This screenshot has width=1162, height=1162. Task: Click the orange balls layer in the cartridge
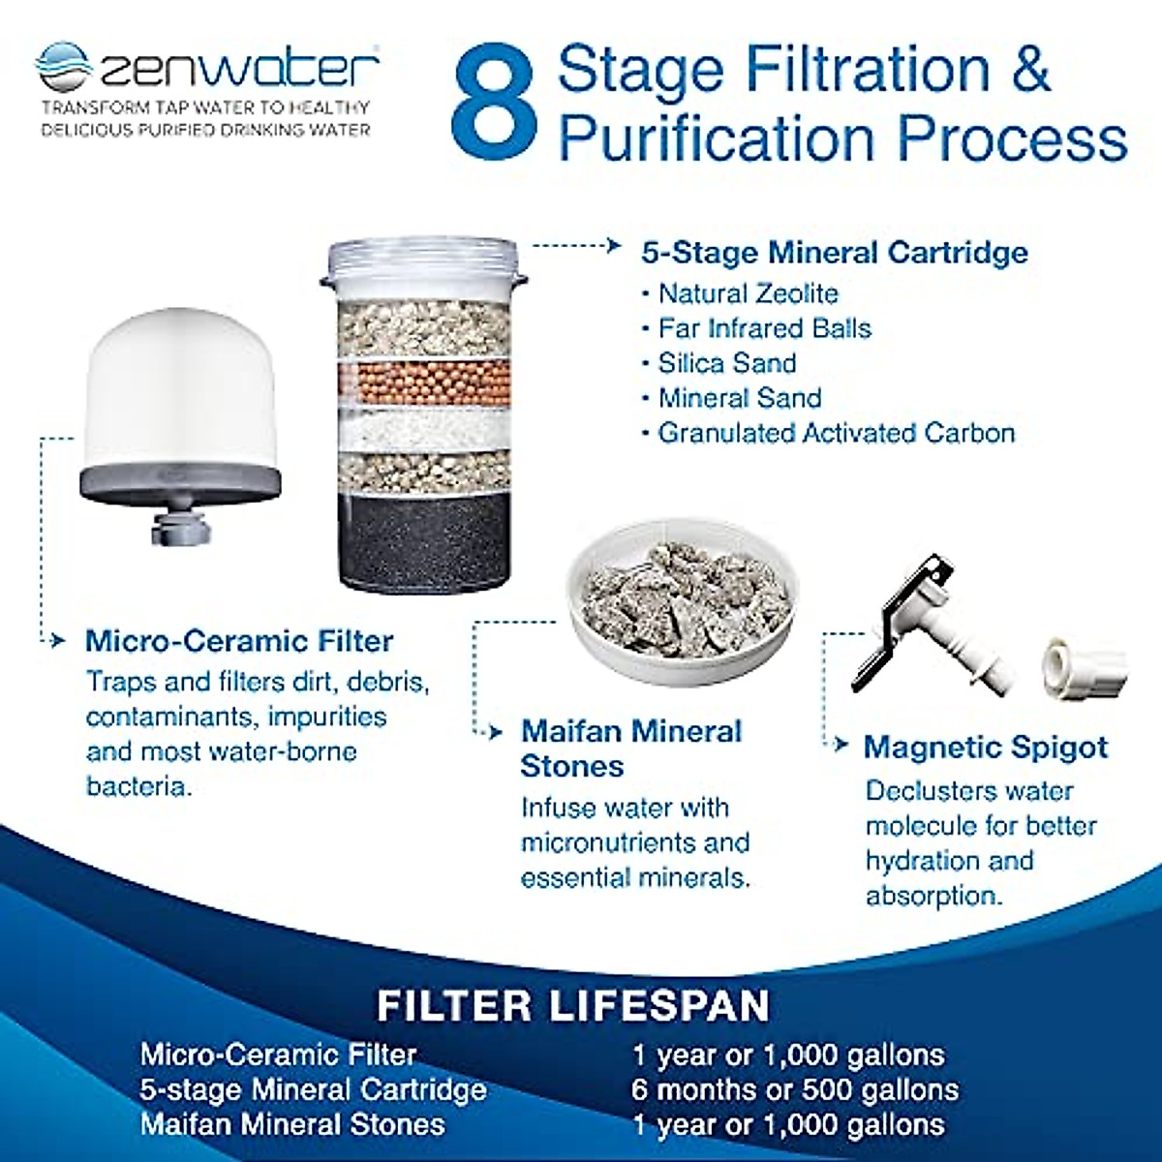pyautogui.click(x=425, y=383)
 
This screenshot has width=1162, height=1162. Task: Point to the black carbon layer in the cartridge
pyautogui.click(x=425, y=537)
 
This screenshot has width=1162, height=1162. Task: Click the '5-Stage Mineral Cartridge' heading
pyautogui.click(x=834, y=253)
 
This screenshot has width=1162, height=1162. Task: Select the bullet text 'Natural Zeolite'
pyautogui.click(x=748, y=293)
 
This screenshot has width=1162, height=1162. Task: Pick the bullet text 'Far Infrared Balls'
pyautogui.click(x=764, y=328)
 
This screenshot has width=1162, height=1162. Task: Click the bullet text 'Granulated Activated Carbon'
pyautogui.click(x=836, y=433)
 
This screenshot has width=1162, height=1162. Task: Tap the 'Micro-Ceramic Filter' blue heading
pyautogui.click(x=239, y=641)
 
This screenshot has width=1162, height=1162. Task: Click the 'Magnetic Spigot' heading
pyautogui.click(x=986, y=748)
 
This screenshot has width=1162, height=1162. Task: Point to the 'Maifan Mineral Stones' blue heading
pyautogui.click(x=630, y=749)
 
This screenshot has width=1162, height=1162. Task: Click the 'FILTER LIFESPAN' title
pyautogui.click(x=573, y=1005)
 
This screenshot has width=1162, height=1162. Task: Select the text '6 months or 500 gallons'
pyautogui.click(x=794, y=1089)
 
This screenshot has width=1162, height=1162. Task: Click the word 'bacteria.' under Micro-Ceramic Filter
pyautogui.click(x=138, y=785)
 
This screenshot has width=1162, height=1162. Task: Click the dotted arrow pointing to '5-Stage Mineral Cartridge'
pyautogui.click(x=576, y=246)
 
